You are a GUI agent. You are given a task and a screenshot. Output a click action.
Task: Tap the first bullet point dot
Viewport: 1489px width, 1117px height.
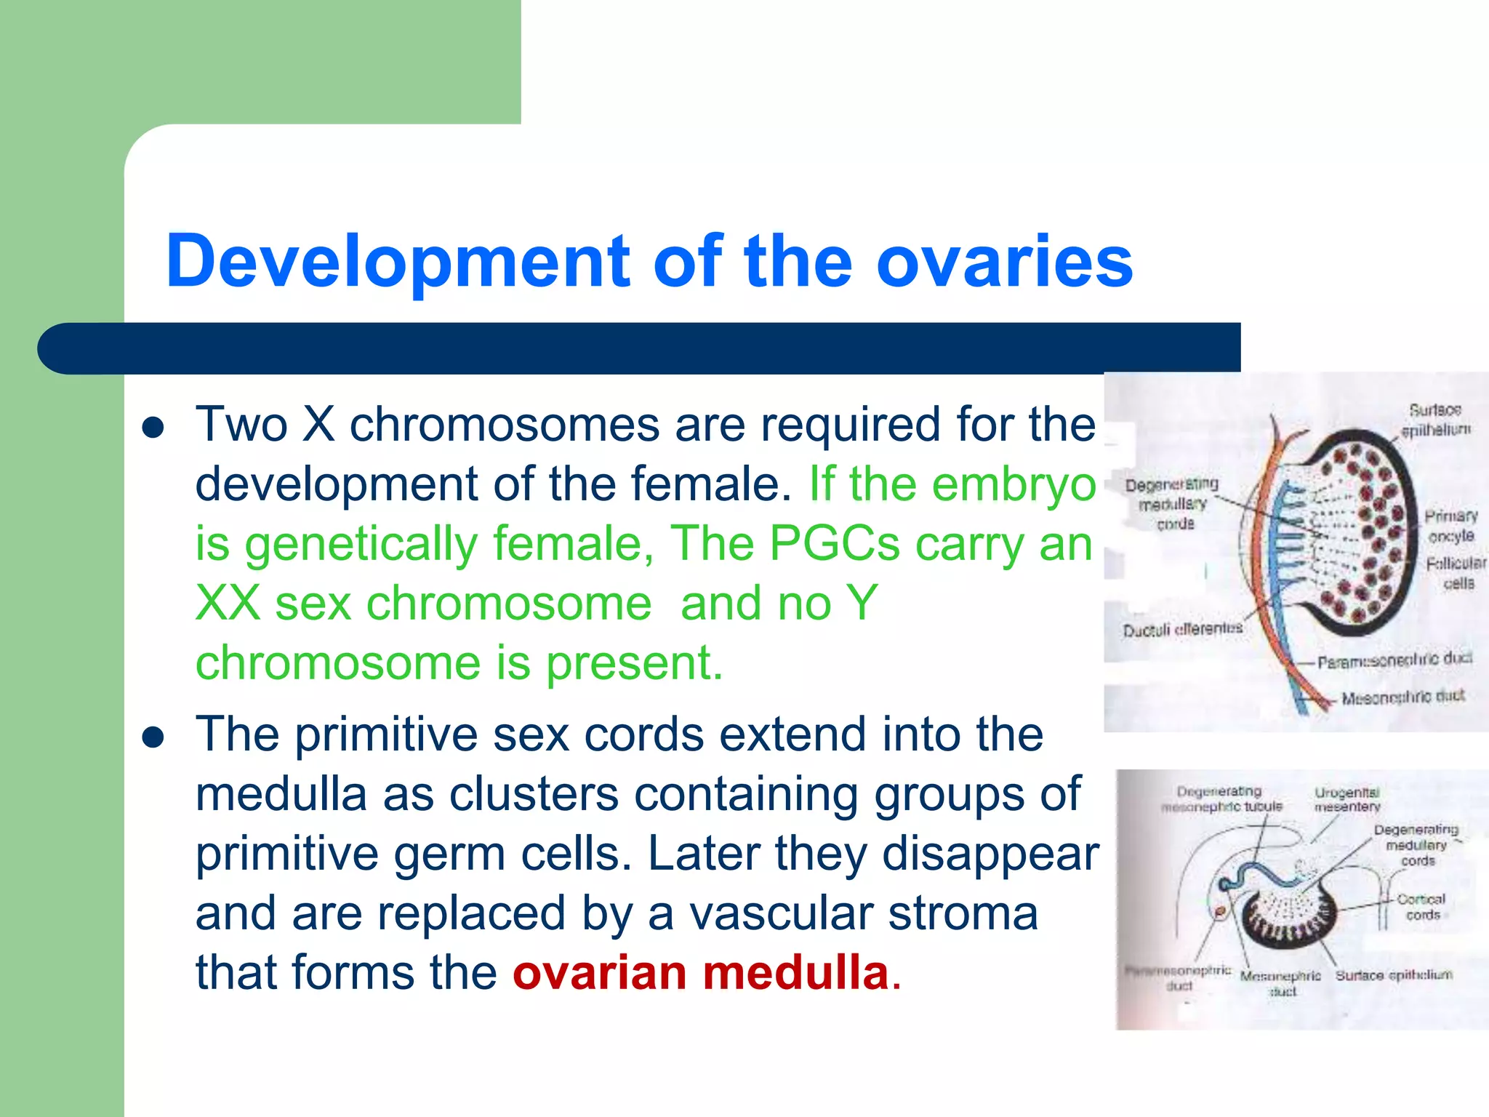pos(153,428)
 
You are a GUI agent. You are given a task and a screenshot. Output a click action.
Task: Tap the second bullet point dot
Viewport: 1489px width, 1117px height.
pos(153,738)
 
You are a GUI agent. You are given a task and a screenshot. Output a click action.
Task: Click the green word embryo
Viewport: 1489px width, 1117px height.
pos(1014,484)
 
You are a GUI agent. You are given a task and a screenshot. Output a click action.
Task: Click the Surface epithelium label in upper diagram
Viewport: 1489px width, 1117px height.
pos(1435,420)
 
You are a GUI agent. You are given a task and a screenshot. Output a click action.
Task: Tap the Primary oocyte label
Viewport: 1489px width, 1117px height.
pos(1450,526)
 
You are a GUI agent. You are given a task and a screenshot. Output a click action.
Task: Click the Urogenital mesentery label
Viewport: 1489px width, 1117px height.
pos(1346,799)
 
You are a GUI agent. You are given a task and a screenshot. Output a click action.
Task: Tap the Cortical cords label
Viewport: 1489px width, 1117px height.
pos(1422,907)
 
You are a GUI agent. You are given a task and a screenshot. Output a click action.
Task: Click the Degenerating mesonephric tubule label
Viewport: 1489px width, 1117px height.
pos(1221,798)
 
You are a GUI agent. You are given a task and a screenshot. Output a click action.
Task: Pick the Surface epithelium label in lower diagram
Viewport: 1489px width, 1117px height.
pos(1394,975)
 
